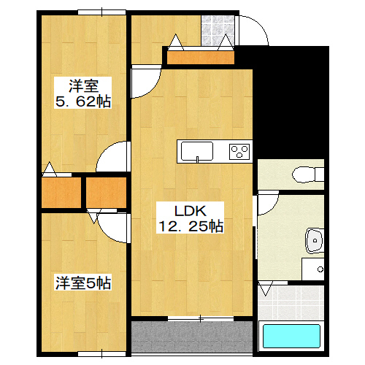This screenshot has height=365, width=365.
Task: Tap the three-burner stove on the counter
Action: coord(239,152)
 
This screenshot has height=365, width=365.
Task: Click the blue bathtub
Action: coord(291,338)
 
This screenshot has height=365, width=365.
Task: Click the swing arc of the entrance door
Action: coord(255,33)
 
